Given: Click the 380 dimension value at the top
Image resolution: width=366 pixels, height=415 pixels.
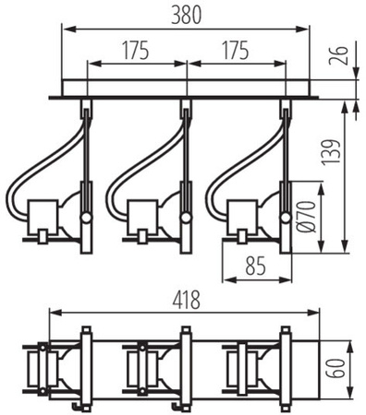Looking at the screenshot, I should (x=185, y=13).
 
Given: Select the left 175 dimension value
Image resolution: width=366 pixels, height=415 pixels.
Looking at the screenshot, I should (x=136, y=51).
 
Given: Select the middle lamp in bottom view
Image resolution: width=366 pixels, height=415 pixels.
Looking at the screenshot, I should (x=153, y=369).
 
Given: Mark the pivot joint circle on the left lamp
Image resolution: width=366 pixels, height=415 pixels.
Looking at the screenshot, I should (x=86, y=219).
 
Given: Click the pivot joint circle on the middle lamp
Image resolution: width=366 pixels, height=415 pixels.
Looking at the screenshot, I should (x=186, y=219).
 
